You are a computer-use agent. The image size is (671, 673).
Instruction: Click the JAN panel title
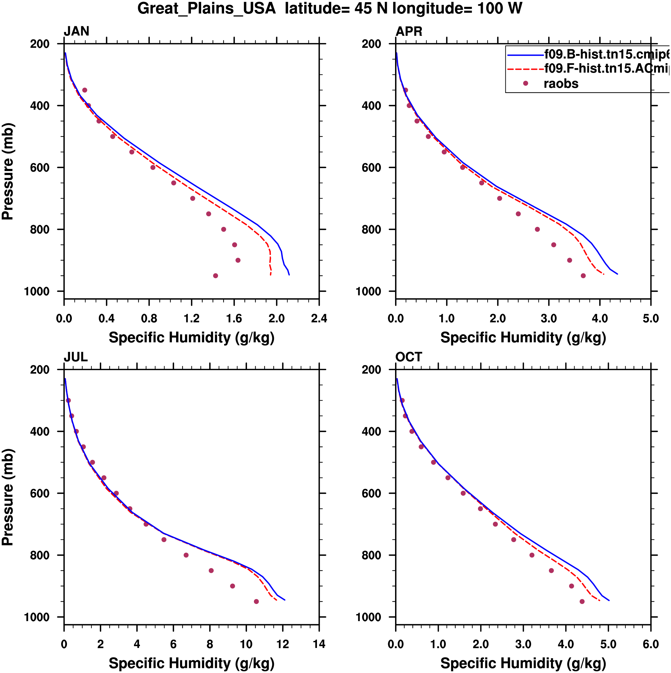[x=76, y=31]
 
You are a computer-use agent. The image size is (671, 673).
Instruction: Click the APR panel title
[x=409, y=31]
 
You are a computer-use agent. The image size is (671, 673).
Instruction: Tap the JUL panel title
[x=76, y=357]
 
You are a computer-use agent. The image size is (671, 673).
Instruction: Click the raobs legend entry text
[x=561, y=84]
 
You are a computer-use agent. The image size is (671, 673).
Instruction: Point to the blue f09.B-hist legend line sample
[x=525, y=55]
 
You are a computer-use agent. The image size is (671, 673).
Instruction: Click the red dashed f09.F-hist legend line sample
[x=525, y=69]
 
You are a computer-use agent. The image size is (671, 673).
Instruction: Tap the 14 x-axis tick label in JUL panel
[x=319, y=644]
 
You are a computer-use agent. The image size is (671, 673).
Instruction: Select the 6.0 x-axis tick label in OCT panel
[x=650, y=644]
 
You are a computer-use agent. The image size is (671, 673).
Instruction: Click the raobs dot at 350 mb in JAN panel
[x=85, y=90]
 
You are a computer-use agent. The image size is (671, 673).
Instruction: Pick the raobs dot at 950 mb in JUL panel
[x=256, y=602]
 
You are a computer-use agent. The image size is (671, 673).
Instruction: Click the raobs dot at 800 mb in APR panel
[x=537, y=229]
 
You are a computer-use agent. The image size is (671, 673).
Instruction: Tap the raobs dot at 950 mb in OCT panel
[x=582, y=602]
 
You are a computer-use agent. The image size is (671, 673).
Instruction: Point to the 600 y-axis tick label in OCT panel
[x=371, y=493]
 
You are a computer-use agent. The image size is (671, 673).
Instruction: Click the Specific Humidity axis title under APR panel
[x=523, y=338]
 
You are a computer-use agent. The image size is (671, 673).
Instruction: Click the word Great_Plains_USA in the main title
[x=207, y=8]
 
